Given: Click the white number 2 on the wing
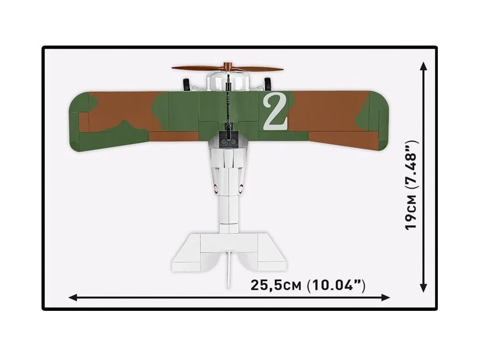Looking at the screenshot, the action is pyautogui.click(x=275, y=111).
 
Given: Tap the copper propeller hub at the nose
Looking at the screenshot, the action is pyautogui.click(x=228, y=66).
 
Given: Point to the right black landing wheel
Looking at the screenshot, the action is pyautogui.click(x=268, y=84).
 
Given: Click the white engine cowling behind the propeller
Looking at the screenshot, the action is pyautogui.click(x=228, y=82).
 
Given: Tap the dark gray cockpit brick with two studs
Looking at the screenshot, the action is pyautogui.click(x=229, y=140).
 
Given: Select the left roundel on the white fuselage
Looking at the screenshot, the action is pyautogui.click(x=216, y=188).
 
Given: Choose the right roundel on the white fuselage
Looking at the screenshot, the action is pyautogui.click(x=241, y=188).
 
